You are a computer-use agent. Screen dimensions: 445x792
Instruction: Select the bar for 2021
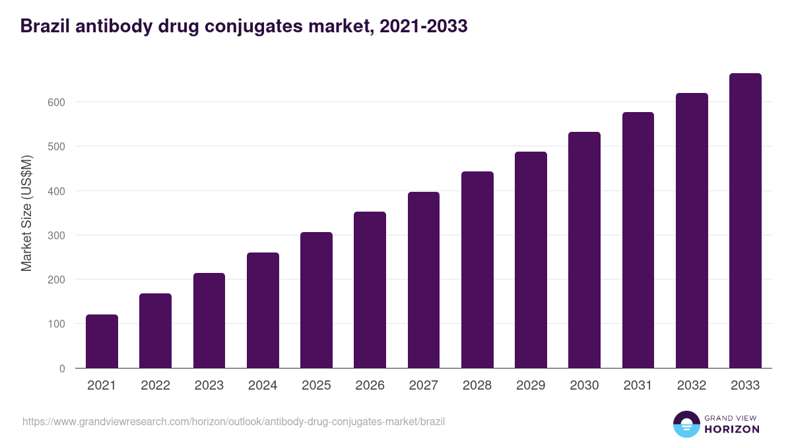tap(102, 341)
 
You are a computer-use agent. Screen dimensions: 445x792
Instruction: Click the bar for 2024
tap(263, 311)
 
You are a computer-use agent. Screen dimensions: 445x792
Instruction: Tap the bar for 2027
tap(424, 280)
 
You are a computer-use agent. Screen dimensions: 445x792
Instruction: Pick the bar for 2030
tap(584, 250)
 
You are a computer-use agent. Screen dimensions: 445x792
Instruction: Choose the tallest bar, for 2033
tap(745, 221)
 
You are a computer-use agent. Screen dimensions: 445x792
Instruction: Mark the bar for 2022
tap(155, 331)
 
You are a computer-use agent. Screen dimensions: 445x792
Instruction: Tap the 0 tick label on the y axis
tap(62, 369)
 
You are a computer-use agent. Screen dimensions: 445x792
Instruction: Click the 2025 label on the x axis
tap(316, 386)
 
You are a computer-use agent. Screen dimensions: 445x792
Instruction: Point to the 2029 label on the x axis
tap(531, 386)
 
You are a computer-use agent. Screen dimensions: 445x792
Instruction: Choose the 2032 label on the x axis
tap(692, 386)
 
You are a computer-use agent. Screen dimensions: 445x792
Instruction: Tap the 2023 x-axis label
tap(209, 386)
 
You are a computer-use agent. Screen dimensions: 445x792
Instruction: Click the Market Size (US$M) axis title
tap(26, 213)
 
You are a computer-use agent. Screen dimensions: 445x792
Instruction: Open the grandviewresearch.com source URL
tap(234, 421)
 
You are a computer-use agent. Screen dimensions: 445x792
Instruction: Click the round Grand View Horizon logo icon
tap(686, 424)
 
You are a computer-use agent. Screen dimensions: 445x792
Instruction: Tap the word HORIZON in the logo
tap(732, 429)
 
